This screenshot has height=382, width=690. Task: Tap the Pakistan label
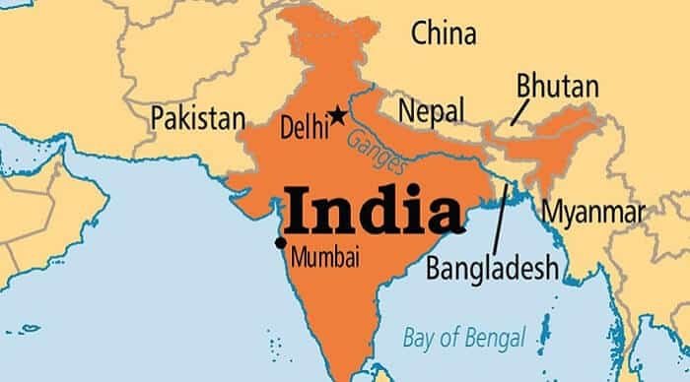pos(197,119)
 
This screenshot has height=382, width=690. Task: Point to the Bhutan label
pos(558,87)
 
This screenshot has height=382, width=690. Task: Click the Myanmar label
pos(593,211)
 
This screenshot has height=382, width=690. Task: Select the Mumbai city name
pos(324,259)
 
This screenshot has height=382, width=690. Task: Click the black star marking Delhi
pos(338,115)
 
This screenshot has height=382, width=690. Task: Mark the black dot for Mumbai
pos(281,242)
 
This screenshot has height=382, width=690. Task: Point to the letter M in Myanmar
pos(552,210)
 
